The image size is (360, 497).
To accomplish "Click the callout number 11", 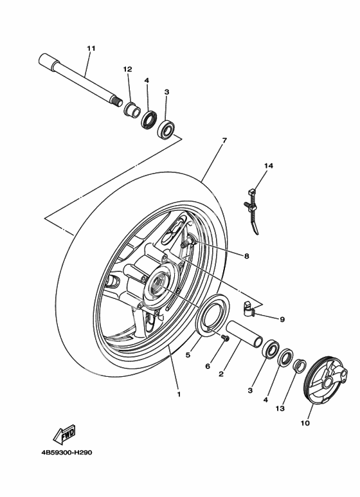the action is [x=91, y=48].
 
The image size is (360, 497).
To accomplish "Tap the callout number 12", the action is [x=128, y=69].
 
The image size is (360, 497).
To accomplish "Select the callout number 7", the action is [x=224, y=140].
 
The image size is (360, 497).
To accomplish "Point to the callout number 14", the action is [x=269, y=165].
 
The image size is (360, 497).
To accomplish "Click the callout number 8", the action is [x=247, y=256].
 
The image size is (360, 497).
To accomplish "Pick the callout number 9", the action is [x=282, y=319].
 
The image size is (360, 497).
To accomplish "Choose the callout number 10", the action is [x=305, y=423].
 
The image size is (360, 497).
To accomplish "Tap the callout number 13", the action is [x=280, y=408].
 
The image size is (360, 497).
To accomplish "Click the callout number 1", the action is [x=179, y=394].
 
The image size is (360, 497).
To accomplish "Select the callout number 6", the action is [x=208, y=366].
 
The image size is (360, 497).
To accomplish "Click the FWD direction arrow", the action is [x=65, y=433].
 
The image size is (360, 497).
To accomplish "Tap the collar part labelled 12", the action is [x=132, y=110].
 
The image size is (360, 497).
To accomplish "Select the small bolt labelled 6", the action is [x=226, y=338].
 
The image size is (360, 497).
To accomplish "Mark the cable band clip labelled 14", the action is [x=253, y=211].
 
